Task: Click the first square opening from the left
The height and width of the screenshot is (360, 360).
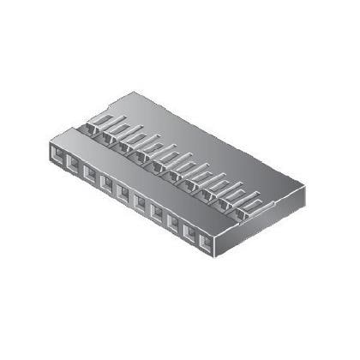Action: pyautogui.click(x=56, y=156)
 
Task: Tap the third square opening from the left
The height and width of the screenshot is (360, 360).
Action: pyautogui.click(x=89, y=176)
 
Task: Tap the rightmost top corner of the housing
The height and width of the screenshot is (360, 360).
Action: pyautogui.click(x=303, y=184)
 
